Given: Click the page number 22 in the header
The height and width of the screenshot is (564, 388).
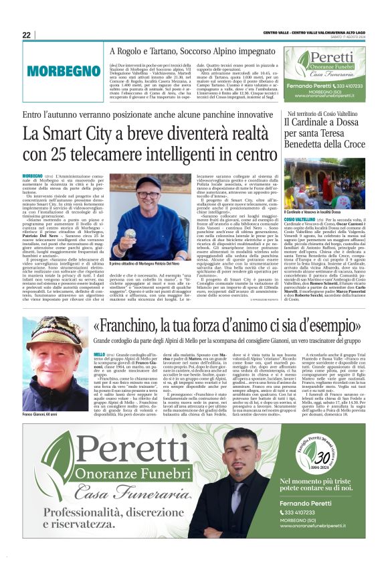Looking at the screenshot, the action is [27, 35].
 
